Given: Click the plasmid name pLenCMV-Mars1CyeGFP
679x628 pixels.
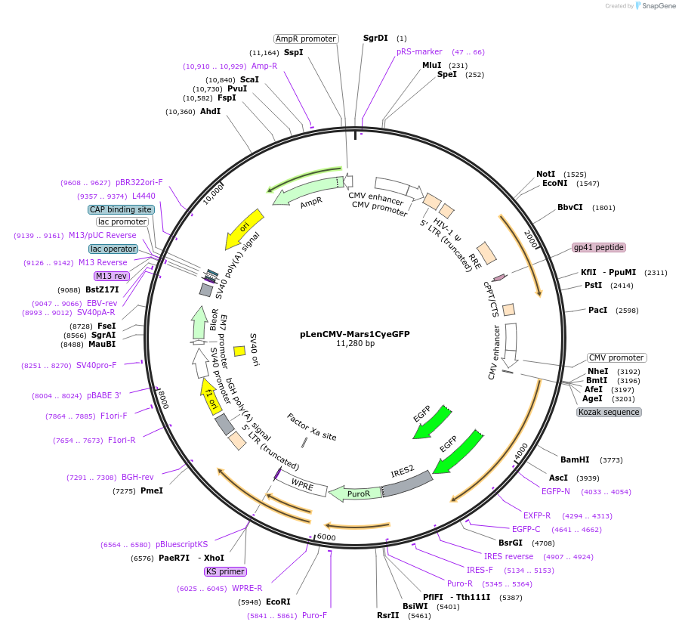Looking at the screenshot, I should coord(354,333).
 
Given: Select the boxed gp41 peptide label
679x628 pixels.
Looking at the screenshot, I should coord(599,247).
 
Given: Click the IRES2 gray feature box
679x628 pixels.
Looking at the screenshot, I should coord(406,483).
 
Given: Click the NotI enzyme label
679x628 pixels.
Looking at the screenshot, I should coord(545,174).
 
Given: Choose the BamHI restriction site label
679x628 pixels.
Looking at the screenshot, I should coord(575,459).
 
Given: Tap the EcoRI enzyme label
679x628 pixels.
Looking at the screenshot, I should coord(278,602).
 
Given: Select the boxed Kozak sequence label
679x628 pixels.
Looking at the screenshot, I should coord(609,412).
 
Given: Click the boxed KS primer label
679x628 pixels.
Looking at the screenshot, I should coord(225,571).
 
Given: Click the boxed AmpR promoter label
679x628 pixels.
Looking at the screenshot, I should coord(305,39).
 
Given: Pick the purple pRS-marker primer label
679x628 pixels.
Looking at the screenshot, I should coord(419,52).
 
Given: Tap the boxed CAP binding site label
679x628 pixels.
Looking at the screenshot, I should coord(121,209).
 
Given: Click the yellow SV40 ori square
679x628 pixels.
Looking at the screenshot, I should coord(239,351).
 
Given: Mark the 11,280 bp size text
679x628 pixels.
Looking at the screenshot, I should coord(355,343).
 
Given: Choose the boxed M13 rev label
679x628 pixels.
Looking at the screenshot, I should coord(111,276).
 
